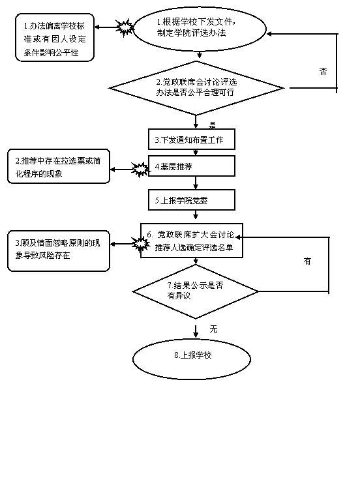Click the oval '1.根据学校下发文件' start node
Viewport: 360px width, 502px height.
coord(199,29)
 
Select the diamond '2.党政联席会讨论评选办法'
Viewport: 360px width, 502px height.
coord(196,88)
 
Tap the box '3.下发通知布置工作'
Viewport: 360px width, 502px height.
coord(192,140)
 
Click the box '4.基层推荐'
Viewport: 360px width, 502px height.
coord(192,166)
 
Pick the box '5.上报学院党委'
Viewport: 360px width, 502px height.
coord(192,200)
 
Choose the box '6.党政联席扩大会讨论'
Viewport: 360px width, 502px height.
coord(192,241)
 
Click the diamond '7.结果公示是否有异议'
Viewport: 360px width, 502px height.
coord(196,291)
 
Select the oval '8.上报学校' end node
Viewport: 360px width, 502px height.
coord(192,359)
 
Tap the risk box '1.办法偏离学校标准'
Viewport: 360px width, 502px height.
coord(55,37)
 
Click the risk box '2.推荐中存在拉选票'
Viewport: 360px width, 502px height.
coord(59,166)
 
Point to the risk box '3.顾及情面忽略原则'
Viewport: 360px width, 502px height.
coord(59,251)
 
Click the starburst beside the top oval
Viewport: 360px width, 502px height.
coord(125,27)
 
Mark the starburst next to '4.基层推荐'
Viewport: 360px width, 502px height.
coord(140,170)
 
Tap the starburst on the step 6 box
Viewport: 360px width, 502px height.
coord(140,244)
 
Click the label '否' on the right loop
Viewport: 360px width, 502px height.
coord(323,71)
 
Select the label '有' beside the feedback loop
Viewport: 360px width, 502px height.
coord(307,261)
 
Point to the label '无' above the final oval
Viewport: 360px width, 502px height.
coord(213,329)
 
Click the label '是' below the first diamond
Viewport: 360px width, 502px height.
coord(212,125)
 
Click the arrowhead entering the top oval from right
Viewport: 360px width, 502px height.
coord(269,34)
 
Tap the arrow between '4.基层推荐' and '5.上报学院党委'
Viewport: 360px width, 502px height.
coord(196,183)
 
